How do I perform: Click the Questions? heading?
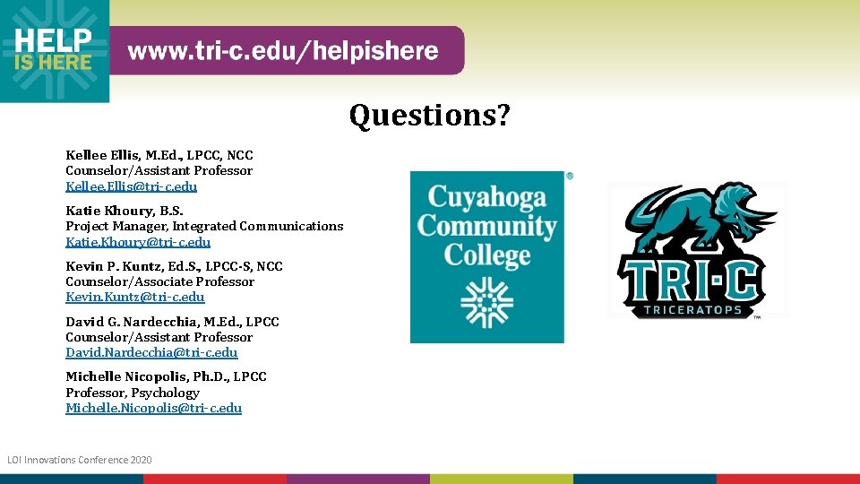(x=429, y=116)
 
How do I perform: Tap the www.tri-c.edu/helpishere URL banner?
(x=283, y=51)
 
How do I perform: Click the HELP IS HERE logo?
(x=54, y=50)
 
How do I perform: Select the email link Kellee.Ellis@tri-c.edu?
(x=131, y=186)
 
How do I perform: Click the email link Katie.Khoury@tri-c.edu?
(x=138, y=242)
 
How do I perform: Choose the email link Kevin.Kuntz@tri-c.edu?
(x=134, y=297)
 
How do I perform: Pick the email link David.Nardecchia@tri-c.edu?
(x=151, y=352)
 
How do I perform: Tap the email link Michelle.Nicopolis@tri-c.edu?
(x=153, y=408)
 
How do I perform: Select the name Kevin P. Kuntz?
(x=113, y=266)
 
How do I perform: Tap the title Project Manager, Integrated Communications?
(x=204, y=226)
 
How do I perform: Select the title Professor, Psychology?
(x=133, y=393)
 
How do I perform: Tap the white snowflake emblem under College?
(x=487, y=301)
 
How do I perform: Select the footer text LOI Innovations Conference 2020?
(x=80, y=460)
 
